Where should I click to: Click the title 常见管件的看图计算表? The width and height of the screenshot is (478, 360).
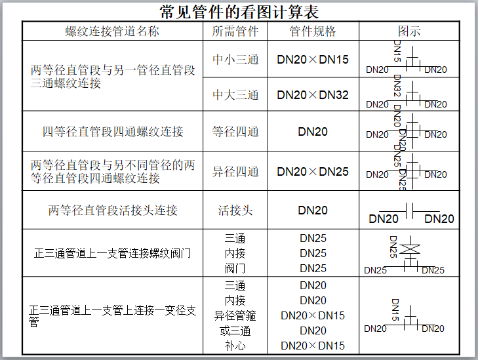(239, 11)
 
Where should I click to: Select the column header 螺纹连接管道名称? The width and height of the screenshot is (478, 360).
(112, 31)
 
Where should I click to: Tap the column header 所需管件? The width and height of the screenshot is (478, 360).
(235, 31)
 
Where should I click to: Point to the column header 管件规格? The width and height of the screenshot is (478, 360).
(313, 31)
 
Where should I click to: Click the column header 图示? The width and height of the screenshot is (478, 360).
(409, 31)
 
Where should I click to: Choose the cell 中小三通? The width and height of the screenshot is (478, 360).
(235, 59)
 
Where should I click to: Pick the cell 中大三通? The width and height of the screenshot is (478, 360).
(235, 94)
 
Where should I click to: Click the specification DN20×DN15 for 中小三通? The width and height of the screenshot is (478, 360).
(313, 59)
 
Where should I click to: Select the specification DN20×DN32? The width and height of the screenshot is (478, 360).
(313, 94)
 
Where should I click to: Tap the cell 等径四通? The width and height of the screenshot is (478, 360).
(235, 132)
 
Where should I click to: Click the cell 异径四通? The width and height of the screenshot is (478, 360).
(235, 172)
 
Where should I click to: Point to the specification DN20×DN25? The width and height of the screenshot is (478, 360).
(313, 172)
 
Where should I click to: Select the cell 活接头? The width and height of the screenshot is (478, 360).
(235, 210)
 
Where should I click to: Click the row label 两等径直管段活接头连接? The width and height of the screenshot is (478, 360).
(112, 210)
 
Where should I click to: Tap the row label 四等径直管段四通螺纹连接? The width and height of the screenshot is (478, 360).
(112, 132)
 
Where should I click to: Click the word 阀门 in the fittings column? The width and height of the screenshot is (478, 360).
(235, 268)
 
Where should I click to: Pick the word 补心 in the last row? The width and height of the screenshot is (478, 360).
(235, 346)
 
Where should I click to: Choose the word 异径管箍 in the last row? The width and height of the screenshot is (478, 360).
(235, 315)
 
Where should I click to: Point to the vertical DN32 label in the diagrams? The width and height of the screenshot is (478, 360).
(397, 85)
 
